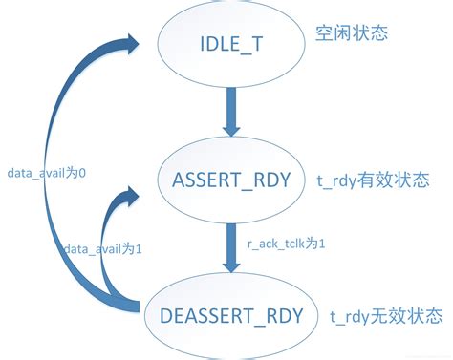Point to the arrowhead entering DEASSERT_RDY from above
pyautogui.click(x=230, y=265)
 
